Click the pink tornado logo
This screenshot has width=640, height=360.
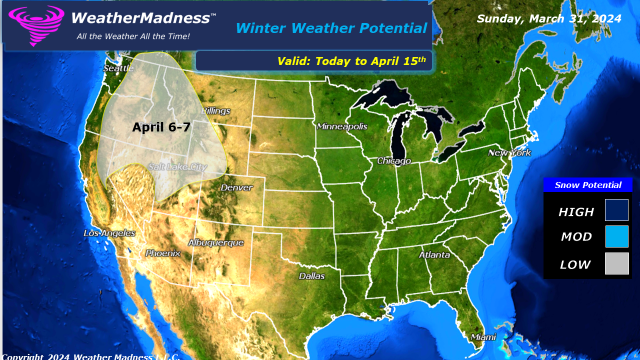36,25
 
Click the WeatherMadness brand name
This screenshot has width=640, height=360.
140,18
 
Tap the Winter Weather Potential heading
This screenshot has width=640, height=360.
331,28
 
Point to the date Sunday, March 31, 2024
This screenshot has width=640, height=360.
548,18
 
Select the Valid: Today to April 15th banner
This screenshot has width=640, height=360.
351,61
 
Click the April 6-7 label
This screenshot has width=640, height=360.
161,127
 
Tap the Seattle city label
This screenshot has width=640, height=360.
118,68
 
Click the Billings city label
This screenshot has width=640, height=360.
215,110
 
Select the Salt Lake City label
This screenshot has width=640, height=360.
177,167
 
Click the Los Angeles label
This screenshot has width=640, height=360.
109,233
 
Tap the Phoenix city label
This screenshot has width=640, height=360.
162,253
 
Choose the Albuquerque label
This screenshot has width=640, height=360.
215,243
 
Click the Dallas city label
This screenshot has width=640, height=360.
311,276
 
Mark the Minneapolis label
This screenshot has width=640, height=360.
342,126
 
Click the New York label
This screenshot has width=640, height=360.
509,152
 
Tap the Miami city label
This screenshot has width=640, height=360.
483,337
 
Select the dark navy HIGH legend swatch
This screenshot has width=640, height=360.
616,210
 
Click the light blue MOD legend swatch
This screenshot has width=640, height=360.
616,236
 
